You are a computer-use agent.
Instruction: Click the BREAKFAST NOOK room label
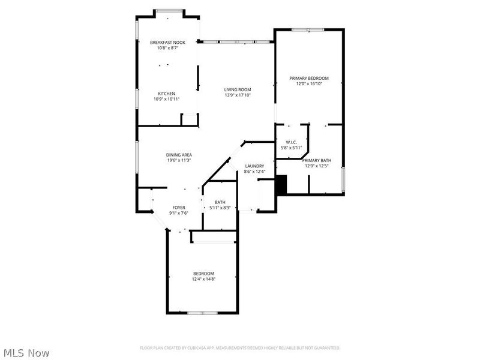(167, 42)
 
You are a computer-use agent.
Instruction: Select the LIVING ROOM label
(238, 89)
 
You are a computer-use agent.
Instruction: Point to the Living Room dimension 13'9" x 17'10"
(238, 95)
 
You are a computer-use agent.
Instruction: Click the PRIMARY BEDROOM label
(309, 78)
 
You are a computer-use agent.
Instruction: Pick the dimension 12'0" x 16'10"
(309, 84)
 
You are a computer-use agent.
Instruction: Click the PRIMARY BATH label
(316, 160)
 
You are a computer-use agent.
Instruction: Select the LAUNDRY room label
(255, 166)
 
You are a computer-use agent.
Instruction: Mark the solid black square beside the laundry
(281, 184)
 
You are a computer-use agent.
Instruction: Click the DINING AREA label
(179, 155)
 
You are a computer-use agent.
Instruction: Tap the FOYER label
(179, 207)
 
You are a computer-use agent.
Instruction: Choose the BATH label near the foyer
(220, 202)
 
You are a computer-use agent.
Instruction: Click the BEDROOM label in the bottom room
(203, 273)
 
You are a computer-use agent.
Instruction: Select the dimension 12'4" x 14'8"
(203, 279)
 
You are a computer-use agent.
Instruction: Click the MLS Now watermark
(26, 353)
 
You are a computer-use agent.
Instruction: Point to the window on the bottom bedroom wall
(202, 313)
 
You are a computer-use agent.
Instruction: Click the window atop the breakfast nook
(169, 10)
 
